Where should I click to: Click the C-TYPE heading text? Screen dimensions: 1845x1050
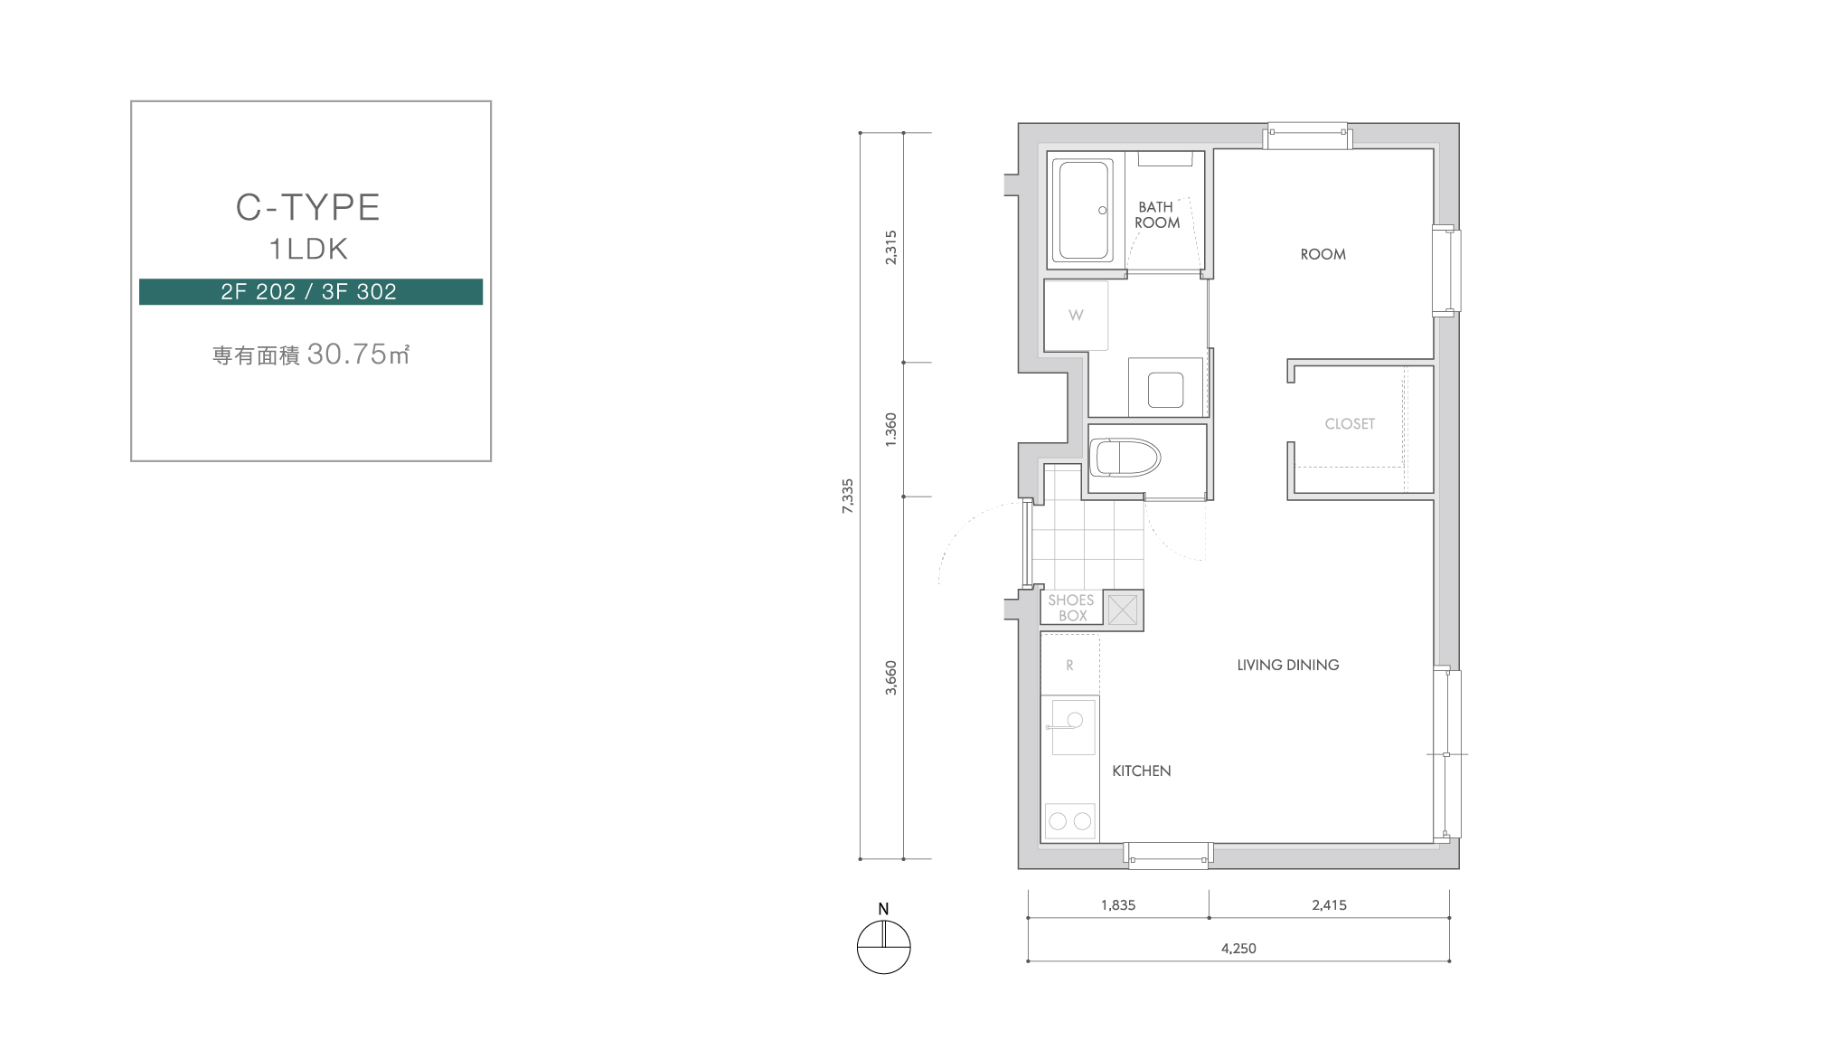tap(308, 207)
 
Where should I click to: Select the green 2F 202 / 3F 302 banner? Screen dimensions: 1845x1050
tap(310, 291)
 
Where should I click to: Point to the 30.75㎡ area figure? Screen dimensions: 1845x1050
tap(359, 354)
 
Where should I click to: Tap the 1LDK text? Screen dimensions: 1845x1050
tap(308, 249)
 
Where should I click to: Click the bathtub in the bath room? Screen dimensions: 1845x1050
tap(1085, 211)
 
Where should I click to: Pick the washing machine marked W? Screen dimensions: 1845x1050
tap(1076, 315)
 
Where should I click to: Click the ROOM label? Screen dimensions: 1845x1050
tap(1323, 254)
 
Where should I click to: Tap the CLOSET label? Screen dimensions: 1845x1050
tap(1350, 423)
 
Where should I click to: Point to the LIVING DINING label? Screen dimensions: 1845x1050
tap(1288, 665)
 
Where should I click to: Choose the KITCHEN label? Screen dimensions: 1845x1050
tap(1141, 771)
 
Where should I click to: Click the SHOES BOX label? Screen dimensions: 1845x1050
tap(1071, 608)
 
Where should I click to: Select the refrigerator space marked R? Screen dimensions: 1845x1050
tap(1069, 665)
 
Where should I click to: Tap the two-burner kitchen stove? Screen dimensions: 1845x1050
tap(1070, 821)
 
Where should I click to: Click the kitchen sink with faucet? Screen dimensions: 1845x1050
tap(1072, 726)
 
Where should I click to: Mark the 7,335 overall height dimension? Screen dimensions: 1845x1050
tap(847, 496)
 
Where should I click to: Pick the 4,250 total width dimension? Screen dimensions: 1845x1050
tap(1238, 948)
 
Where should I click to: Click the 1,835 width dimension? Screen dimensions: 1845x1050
tap(1118, 904)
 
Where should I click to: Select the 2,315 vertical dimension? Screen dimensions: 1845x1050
tap(891, 247)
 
